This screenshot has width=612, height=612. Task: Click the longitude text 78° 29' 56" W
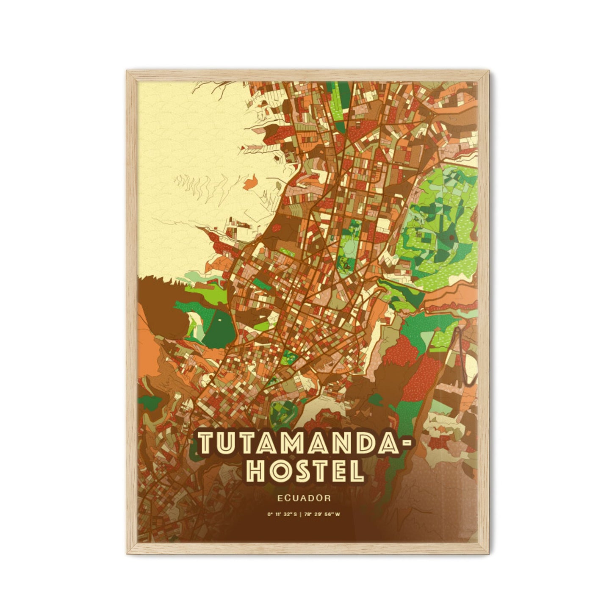(x=326, y=515)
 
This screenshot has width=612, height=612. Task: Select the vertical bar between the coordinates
(x=304, y=515)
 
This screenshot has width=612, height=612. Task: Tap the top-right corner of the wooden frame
(x=487, y=72)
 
